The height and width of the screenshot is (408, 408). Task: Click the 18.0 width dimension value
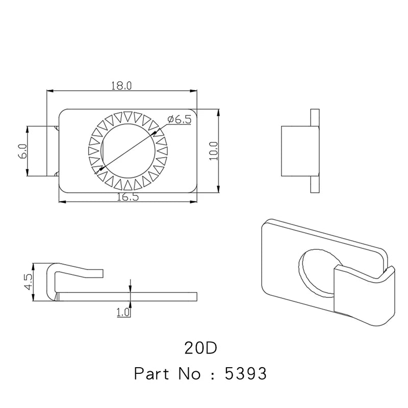point(122,86)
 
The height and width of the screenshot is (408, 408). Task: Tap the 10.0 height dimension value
point(214,150)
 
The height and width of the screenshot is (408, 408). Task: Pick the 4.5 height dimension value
point(28,282)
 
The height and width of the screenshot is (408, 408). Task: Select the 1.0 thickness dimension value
point(123,312)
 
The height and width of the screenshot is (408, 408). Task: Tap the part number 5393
point(246,374)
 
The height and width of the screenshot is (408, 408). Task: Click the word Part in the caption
point(154,374)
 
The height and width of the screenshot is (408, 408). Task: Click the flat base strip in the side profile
point(127,296)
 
